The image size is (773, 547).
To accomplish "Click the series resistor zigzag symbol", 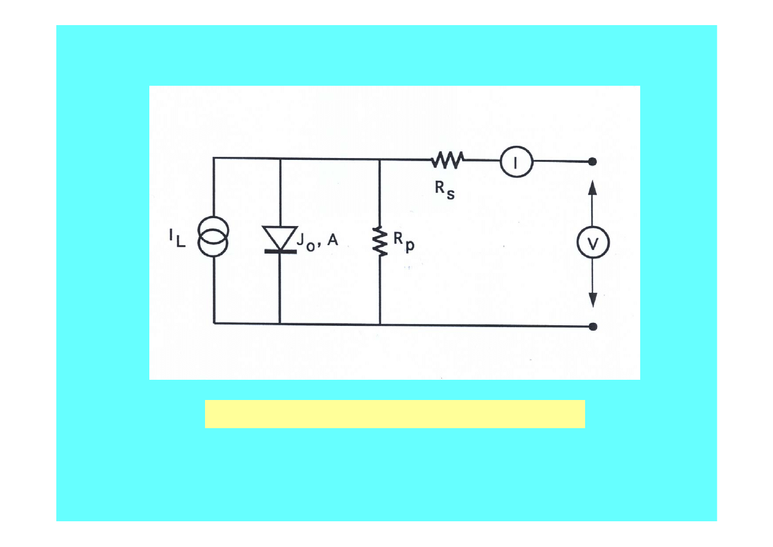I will click(448, 160).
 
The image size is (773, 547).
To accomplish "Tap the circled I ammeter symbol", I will click(515, 162).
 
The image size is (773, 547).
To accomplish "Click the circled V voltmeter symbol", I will click(592, 244).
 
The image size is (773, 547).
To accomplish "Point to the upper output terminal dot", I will click(592, 162).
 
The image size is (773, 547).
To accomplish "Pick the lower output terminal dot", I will click(592, 326).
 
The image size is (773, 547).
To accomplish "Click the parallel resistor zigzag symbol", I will click(380, 241).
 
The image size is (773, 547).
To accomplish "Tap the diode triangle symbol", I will click(280, 237).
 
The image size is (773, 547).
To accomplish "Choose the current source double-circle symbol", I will click(214, 236).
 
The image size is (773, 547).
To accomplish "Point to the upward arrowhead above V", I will click(592, 186).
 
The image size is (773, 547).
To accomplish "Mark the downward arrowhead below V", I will click(592, 300).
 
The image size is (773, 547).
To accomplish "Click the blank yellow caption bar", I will click(395, 414).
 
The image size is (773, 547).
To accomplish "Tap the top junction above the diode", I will click(280, 159).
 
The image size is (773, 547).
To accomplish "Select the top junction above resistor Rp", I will click(380, 159).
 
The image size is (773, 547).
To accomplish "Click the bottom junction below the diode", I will click(280, 323).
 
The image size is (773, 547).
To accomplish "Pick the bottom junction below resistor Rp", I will click(380, 323).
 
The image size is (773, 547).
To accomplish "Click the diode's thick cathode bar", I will click(280, 251).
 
